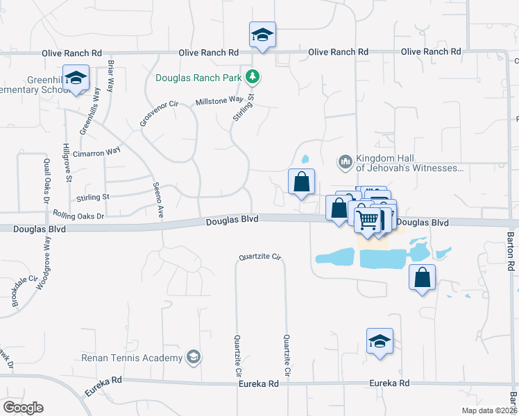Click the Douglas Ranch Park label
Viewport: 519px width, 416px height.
coord(201,77)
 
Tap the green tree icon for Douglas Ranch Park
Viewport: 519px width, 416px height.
coord(255,76)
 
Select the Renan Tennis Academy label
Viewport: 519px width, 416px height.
coord(132,358)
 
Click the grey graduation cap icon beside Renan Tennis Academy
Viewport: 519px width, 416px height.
coord(195,357)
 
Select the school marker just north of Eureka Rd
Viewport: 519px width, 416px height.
coord(380,341)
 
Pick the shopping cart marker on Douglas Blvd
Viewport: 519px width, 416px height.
coord(368,220)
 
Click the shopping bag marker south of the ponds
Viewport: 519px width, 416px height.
coord(422,277)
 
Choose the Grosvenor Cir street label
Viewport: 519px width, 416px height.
coord(159,114)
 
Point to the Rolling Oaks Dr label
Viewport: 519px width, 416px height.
coord(78,216)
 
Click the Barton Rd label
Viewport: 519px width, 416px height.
coord(511,252)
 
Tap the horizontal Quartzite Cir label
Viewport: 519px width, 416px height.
coord(259,257)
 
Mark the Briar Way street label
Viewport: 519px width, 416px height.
coord(110,76)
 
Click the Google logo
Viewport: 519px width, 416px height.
coord(23,408)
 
